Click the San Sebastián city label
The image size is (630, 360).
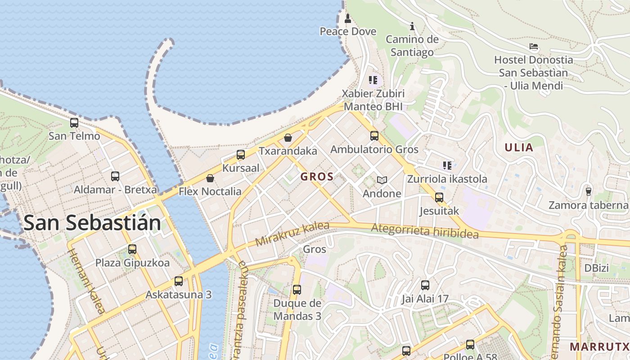[x=92, y=223]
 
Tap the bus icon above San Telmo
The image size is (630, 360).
[x=74, y=122]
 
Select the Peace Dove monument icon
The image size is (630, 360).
[x=347, y=18]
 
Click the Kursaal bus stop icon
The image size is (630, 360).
[x=241, y=155]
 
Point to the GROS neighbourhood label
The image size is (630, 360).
[x=317, y=177]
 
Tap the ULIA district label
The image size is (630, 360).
[x=519, y=148]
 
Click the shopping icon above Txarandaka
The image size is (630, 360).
[x=288, y=138]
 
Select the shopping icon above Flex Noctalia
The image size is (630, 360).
[x=210, y=178]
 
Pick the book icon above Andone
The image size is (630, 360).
[x=382, y=180]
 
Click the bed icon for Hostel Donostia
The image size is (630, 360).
[x=534, y=46]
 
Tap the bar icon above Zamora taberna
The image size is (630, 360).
[x=588, y=192]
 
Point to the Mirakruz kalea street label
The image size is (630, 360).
[x=292, y=234]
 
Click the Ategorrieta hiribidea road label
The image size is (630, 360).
[x=425, y=231]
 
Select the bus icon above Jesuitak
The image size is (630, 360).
[x=439, y=197]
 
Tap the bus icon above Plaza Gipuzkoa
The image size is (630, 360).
[x=132, y=249]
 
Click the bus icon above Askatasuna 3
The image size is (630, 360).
[x=179, y=281]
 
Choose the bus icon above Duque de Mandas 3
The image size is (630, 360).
[x=297, y=289]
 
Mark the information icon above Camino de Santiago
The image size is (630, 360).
[x=412, y=27]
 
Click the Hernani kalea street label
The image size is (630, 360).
[x=87, y=281]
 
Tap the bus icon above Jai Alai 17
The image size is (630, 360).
[x=425, y=285]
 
